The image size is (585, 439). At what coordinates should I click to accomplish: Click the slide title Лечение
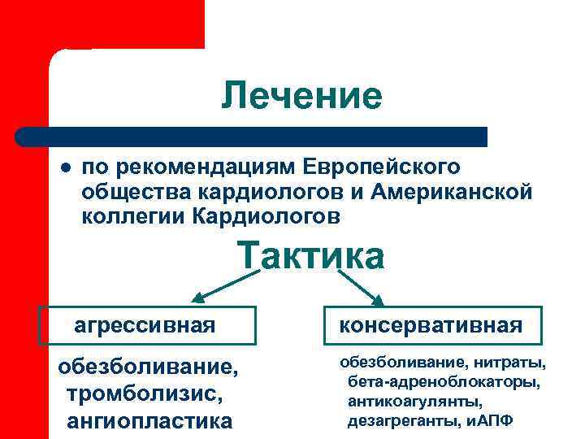(301, 97)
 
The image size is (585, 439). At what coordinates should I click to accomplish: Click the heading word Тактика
(310, 256)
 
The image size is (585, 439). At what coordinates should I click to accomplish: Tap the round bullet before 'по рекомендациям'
(64, 167)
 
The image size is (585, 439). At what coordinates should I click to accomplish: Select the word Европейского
(382, 167)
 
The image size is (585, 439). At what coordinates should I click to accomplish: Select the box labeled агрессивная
(150, 326)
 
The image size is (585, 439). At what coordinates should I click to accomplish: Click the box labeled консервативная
(431, 326)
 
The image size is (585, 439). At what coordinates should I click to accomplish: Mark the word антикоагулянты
(415, 402)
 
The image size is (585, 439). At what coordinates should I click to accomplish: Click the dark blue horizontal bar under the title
(252, 136)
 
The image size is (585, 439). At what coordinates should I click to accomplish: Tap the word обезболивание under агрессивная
(149, 369)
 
